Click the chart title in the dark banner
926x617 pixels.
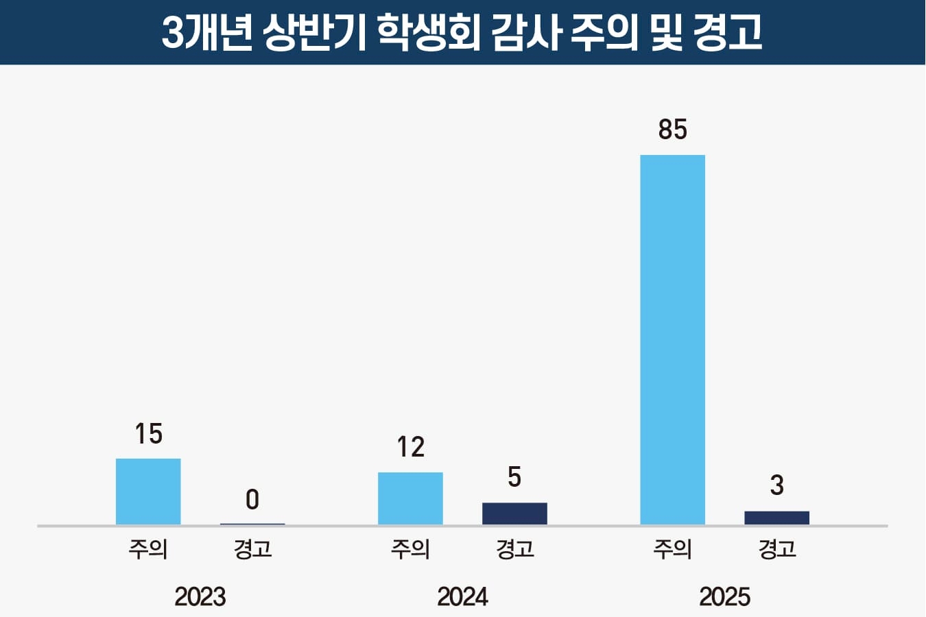point(462,32)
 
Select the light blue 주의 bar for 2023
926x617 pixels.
point(148,492)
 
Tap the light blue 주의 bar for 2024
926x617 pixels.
point(410,498)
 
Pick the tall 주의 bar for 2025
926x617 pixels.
point(672,340)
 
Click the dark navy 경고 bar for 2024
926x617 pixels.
point(514,513)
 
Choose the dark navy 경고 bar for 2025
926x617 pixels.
point(776,518)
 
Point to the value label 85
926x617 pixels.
point(672,130)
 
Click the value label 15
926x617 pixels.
point(148,434)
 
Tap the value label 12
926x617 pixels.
point(410,448)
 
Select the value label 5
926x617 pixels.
point(514,477)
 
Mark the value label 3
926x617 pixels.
point(776,485)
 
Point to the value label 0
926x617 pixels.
point(252,500)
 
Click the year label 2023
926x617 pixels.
point(200,596)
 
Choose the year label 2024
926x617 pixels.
point(462,596)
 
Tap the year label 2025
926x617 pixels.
point(724,596)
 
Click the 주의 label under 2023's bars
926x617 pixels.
point(148,549)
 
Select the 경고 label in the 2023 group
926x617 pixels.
point(252,549)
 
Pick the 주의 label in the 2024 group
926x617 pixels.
point(410,549)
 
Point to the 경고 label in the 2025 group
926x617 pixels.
point(776,549)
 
